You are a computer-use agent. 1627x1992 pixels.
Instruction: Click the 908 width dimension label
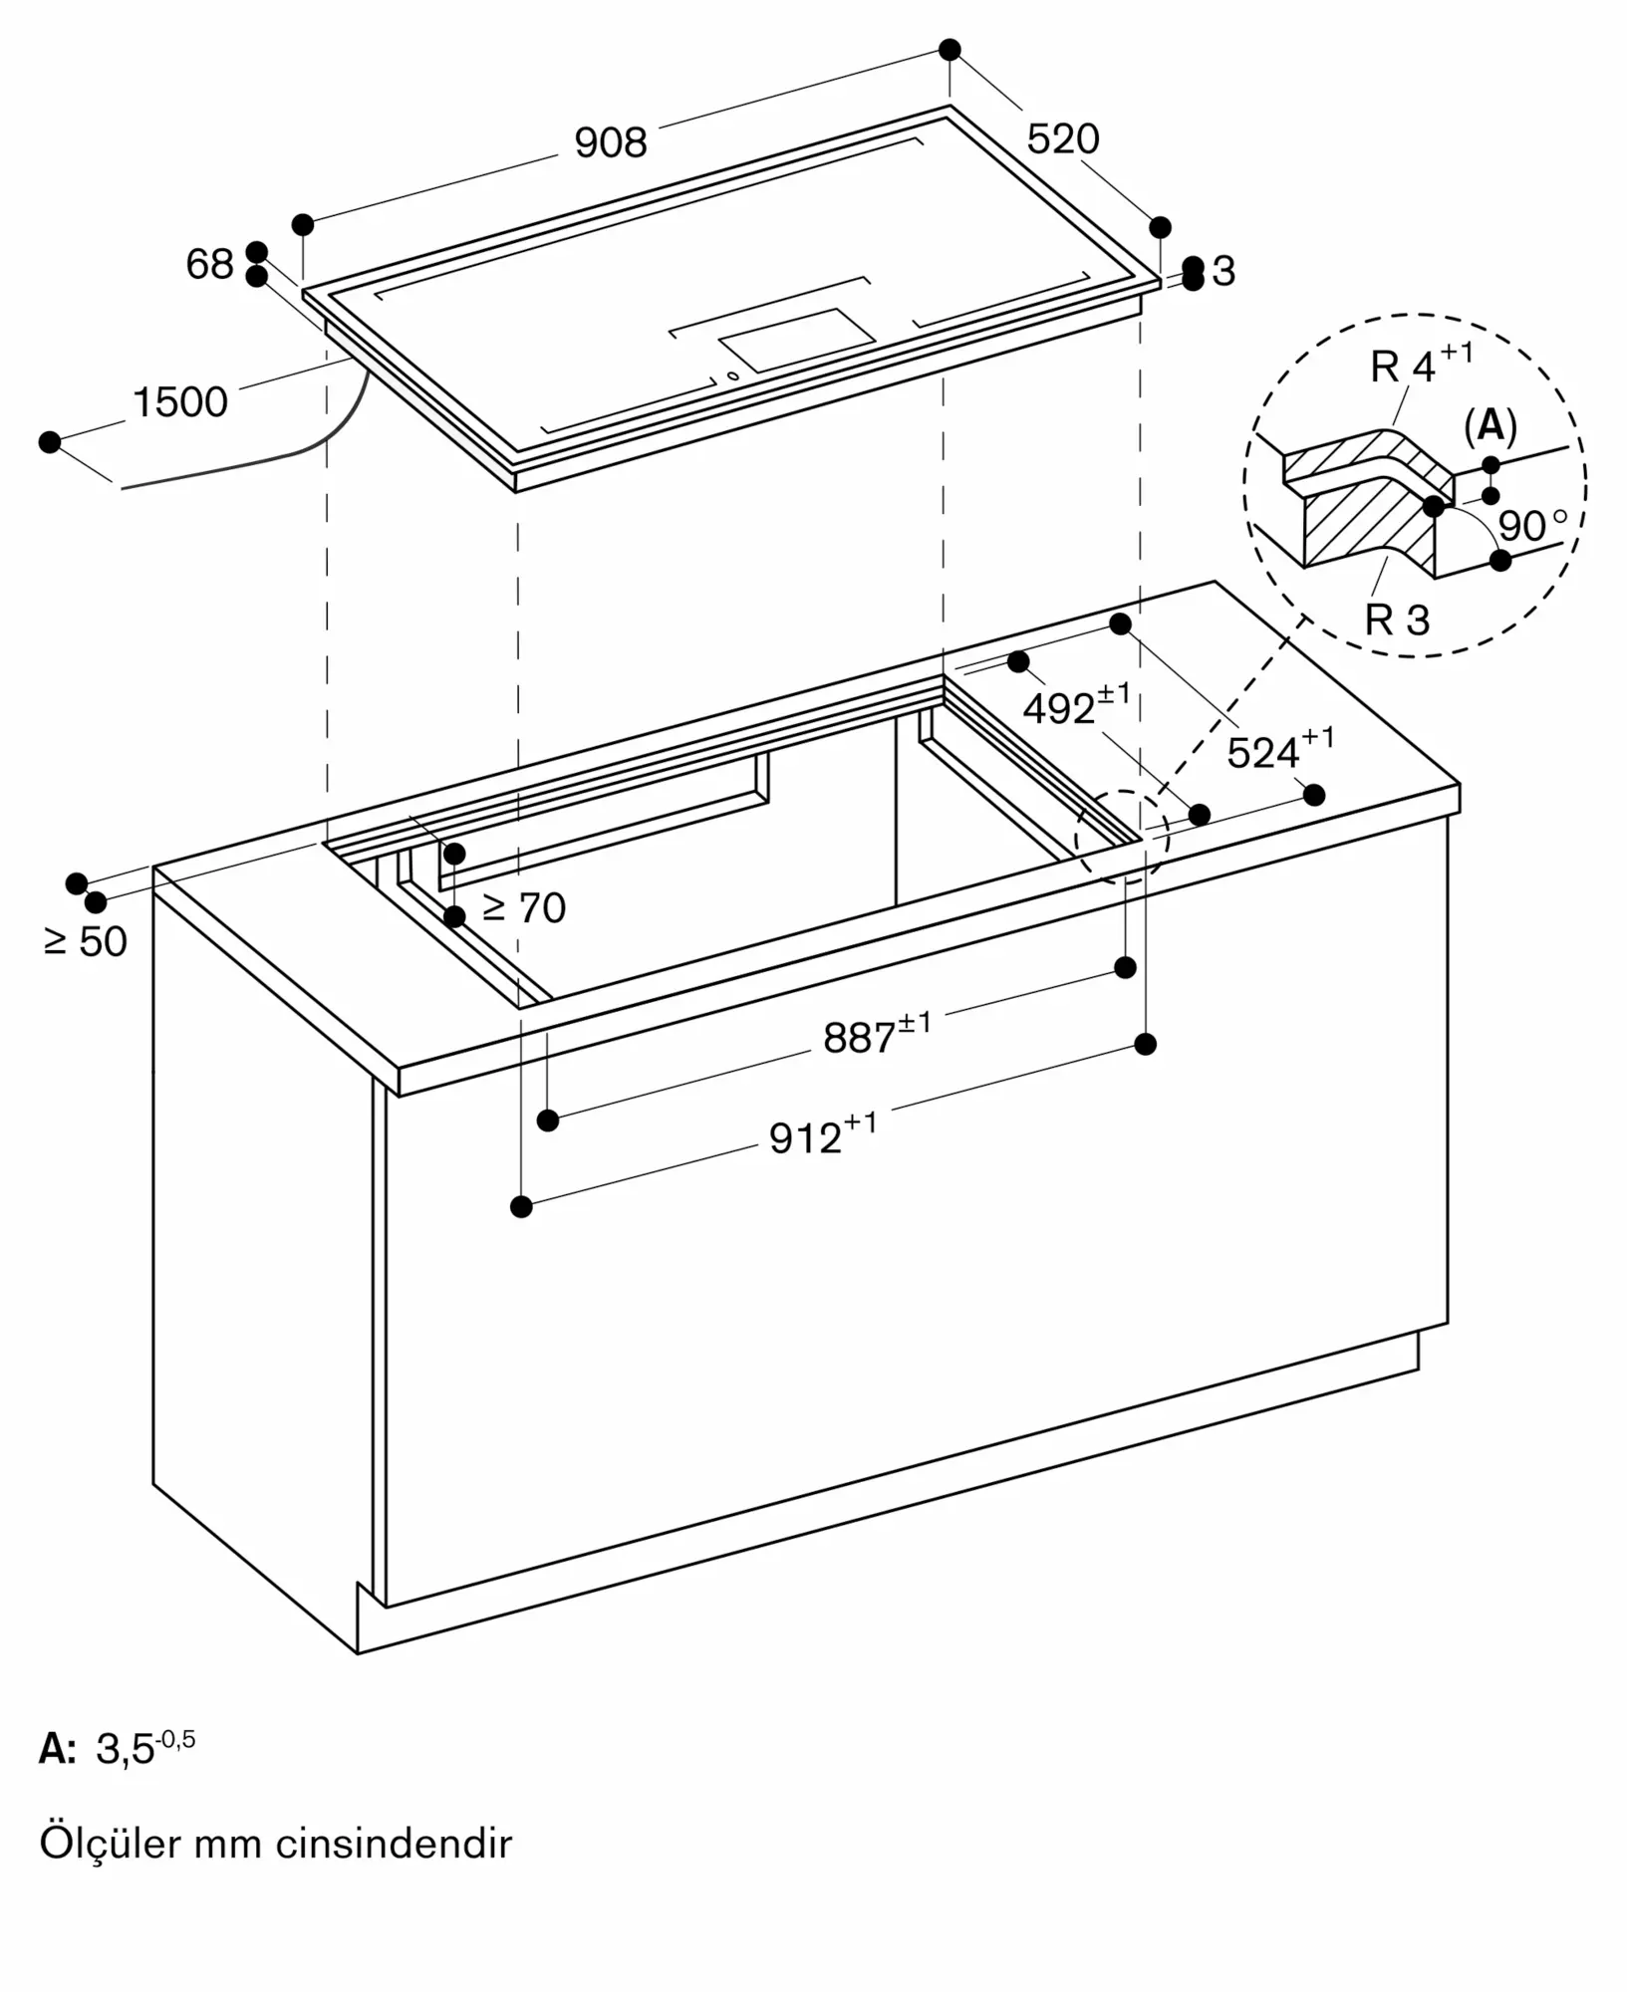click(611, 143)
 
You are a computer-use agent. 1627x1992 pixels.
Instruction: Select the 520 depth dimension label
click(1063, 138)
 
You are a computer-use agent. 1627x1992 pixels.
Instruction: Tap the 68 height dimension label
click(209, 264)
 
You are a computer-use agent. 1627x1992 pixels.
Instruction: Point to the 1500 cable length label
click(180, 402)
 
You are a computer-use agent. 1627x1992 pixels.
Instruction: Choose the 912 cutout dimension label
click(823, 1134)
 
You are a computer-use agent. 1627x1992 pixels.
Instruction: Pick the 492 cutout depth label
click(1077, 704)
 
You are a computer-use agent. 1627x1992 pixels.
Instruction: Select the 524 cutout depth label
click(1280, 749)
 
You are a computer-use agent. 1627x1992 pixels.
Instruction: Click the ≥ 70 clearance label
click(523, 907)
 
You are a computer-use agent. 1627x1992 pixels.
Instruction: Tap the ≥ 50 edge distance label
click(86, 941)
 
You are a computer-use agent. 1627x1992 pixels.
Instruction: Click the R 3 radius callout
click(1397, 620)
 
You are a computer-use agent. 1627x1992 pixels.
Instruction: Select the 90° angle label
click(1532, 525)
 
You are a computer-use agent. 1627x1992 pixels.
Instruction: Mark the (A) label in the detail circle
click(1491, 425)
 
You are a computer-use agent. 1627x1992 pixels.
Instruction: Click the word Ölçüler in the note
click(111, 1843)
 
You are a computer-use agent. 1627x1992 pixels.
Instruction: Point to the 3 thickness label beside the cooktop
click(1222, 271)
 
